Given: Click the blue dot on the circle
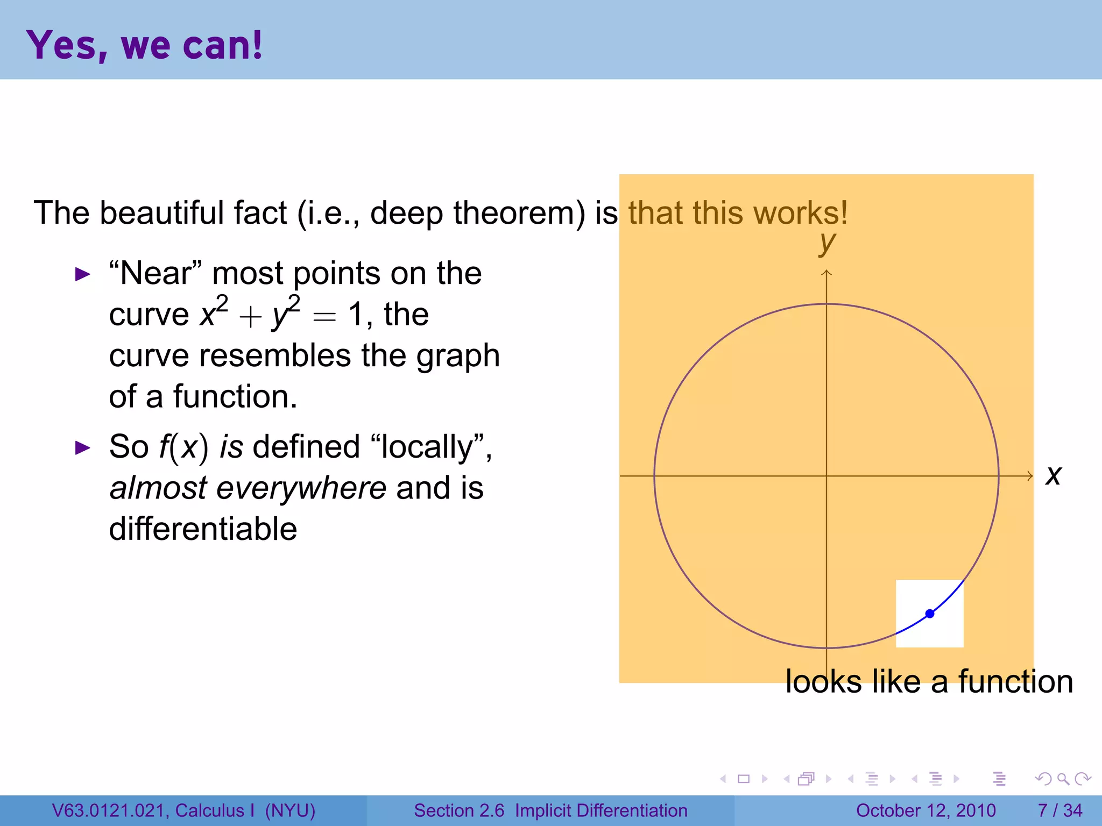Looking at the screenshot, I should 929,614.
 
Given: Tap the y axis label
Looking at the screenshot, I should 828,244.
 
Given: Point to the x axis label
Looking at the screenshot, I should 1054,476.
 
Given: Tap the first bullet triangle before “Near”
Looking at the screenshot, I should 82,275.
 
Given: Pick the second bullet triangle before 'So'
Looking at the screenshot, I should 82,448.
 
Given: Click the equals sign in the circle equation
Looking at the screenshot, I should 324,317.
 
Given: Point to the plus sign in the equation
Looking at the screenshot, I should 250,317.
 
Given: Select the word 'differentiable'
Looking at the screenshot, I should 203,529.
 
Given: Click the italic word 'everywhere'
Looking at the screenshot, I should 301,488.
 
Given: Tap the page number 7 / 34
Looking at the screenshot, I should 1059,810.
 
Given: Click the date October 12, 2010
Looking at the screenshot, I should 926,810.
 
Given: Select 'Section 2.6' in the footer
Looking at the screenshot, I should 459,810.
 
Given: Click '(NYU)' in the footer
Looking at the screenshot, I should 290,810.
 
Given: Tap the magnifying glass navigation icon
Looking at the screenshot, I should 1063,779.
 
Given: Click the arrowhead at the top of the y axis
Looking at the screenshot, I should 826,273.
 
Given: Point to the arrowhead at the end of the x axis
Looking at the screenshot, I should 1030,476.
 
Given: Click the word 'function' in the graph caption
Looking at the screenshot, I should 1015,682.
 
